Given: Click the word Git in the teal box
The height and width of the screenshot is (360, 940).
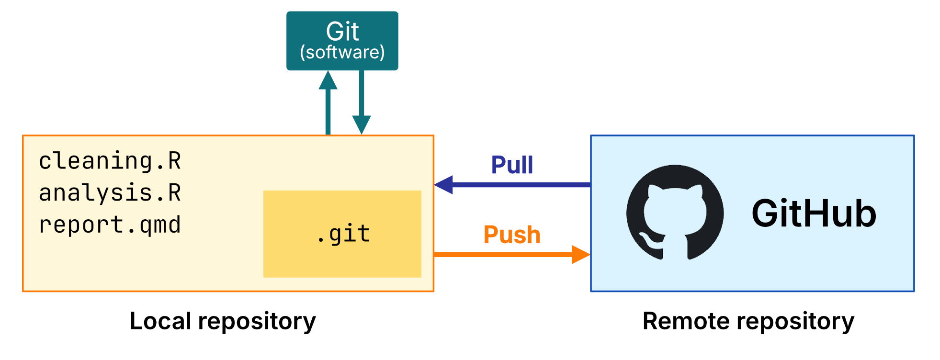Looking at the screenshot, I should [342, 32].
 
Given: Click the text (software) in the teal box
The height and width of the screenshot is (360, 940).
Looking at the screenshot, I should [342, 52].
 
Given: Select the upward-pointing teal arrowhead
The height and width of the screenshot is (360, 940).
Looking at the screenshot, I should [328, 80].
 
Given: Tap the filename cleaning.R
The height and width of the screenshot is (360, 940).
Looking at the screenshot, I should [110, 161].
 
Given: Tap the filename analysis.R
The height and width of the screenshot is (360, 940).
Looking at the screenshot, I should [110, 193].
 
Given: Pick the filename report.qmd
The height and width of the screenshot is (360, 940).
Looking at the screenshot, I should [110, 225].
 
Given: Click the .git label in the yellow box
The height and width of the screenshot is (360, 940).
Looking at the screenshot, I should [343, 234].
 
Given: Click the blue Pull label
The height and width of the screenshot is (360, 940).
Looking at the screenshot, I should [512, 165].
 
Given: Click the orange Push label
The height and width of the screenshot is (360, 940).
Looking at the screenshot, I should [512, 235].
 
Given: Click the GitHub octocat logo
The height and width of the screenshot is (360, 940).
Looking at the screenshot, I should [675, 213].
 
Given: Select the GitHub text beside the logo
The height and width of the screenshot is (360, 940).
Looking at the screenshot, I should [814, 214].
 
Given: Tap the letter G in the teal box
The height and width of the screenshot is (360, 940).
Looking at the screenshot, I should [334, 32].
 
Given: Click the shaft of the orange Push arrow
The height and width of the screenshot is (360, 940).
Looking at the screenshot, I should [503, 254].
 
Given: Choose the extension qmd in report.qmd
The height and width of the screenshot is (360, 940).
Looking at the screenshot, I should [160, 225].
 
